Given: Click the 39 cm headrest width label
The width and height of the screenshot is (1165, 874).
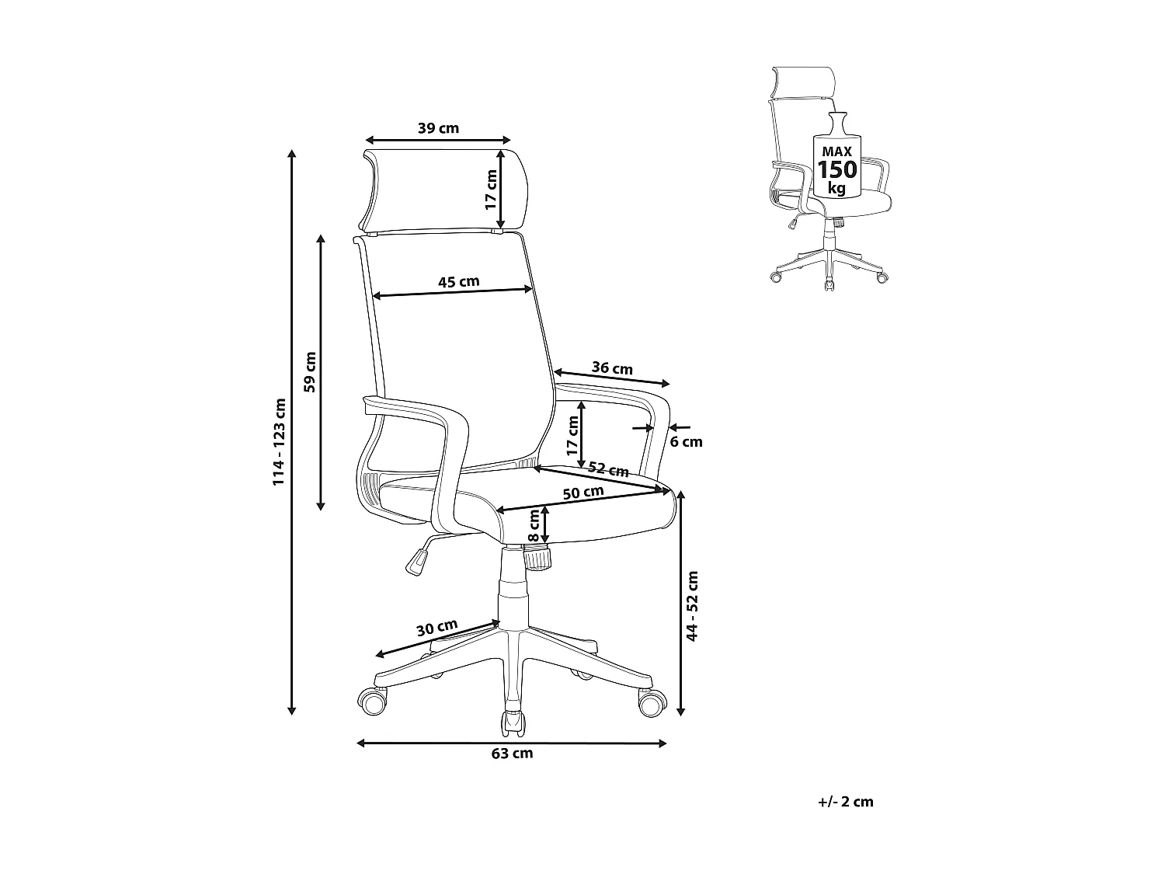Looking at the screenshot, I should coord(438,128).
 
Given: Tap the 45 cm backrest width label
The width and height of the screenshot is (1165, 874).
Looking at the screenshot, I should coord(458,281).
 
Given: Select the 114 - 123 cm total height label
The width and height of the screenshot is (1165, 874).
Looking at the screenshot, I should coord(279,442).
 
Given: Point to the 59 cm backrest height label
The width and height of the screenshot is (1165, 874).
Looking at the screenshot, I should coord(311,372).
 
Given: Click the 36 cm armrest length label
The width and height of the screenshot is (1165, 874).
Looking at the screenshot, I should coord(612,368).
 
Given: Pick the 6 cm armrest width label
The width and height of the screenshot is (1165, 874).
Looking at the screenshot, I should coord(686,442).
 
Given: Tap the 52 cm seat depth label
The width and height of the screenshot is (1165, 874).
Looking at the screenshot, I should coord(608,469).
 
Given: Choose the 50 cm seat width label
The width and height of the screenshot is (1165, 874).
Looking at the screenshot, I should coord(583,493).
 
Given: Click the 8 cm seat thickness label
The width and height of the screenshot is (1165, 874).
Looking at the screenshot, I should coord(534,526).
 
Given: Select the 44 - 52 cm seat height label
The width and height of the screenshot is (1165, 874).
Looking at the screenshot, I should coord(693,606).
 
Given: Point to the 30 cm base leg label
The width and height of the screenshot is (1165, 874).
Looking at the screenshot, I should coord(436,627).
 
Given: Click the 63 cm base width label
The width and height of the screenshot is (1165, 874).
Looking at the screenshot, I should coord(512,754).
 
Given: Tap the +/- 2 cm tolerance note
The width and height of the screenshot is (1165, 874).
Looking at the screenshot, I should coord(846,802).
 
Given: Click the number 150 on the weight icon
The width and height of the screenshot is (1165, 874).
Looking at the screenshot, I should coord(836,169).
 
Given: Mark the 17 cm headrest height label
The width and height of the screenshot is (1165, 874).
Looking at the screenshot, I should coord(491,190).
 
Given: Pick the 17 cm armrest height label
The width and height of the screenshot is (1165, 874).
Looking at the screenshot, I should coord(573,436).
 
